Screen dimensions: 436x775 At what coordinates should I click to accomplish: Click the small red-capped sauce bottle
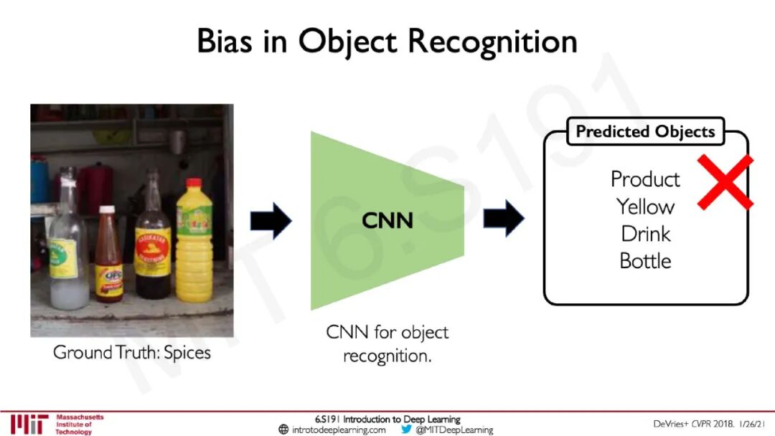tap(108, 255)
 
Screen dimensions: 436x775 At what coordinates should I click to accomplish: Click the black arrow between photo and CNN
tap(271, 220)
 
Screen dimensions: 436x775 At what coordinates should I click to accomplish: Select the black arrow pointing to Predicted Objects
tap(504, 218)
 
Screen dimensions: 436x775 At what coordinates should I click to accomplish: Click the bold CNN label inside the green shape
tap(387, 220)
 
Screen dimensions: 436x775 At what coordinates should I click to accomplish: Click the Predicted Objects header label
tap(645, 132)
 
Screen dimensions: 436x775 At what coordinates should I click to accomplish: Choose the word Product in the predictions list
tap(645, 179)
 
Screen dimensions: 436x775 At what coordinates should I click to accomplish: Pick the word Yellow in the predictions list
tap(645, 207)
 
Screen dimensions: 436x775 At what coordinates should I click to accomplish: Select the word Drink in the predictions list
tap(645, 234)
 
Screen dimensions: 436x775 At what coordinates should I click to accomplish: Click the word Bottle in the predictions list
tap(645, 261)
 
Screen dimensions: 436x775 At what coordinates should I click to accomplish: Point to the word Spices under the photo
tap(187, 353)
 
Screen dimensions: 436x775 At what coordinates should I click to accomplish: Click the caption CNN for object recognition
tap(387, 343)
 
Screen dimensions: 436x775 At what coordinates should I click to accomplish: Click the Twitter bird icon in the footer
tap(406, 430)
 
